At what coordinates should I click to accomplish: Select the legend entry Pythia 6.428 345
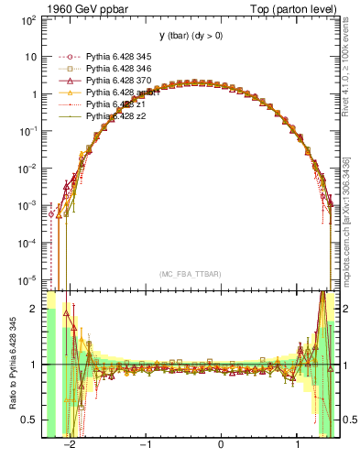(x=117, y=57)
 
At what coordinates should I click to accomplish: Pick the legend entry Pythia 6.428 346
(x=117, y=69)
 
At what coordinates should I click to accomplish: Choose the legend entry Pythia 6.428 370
(x=117, y=81)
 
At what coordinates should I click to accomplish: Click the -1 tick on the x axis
(x=145, y=446)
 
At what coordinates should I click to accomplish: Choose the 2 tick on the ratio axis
(x=34, y=309)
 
